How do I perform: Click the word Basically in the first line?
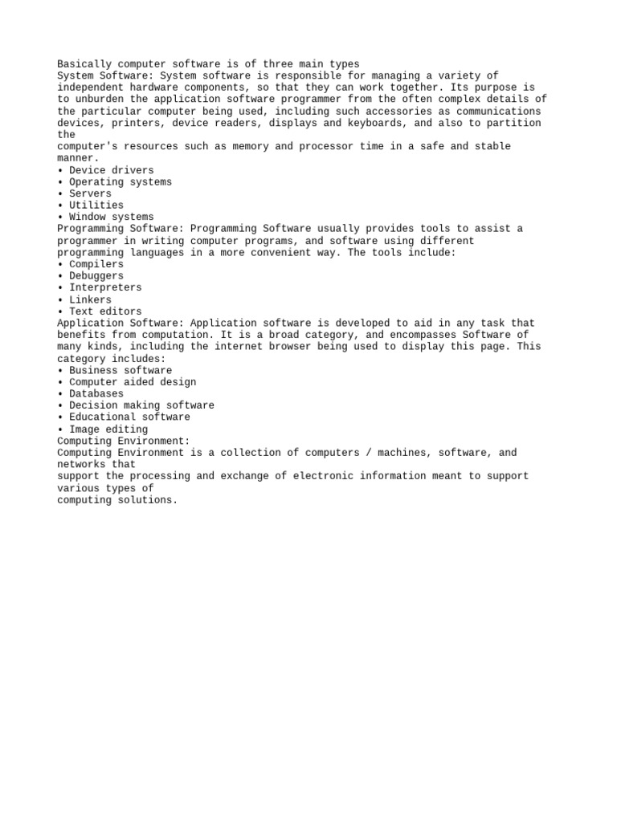point(84,64)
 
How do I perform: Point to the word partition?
point(513,123)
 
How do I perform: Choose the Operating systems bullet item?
point(121,182)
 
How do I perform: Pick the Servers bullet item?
point(90,193)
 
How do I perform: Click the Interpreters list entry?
point(105,287)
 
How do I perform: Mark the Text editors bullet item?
point(105,311)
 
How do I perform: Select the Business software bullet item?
point(121,370)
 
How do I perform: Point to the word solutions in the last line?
point(145,500)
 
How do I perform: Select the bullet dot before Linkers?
point(60,299)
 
